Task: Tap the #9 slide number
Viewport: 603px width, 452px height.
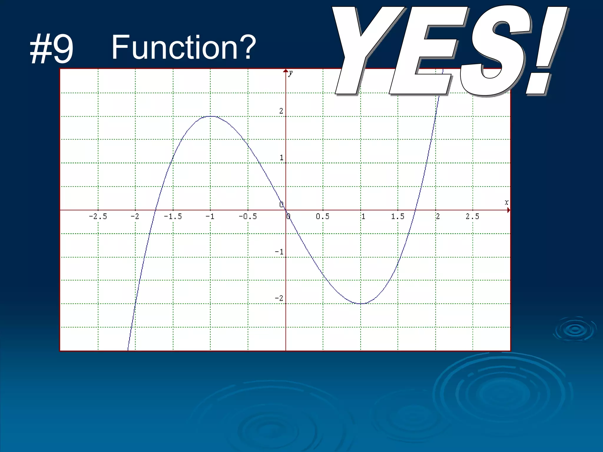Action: tap(52, 49)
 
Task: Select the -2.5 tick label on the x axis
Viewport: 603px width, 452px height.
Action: tap(98, 217)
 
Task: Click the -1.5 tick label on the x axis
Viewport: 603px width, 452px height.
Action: tap(173, 217)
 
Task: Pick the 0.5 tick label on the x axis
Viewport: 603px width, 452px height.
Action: tap(323, 217)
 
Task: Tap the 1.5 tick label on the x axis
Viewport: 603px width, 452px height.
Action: tap(398, 217)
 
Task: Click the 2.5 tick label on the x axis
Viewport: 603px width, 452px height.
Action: tap(473, 217)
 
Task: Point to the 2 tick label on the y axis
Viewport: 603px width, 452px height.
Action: tap(281, 111)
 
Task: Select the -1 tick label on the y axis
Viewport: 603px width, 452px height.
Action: tap(279, 252)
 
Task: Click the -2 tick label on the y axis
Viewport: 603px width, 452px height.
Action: tap(279, 298)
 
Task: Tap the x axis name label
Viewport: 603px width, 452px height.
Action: tap(506, 202)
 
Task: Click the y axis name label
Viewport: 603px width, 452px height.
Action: tap(291, 73)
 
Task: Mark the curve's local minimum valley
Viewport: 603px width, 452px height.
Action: tap(361, 303)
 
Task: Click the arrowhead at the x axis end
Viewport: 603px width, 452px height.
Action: tap(508, 210)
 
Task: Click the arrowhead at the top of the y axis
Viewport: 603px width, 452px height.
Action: tap(286, 71)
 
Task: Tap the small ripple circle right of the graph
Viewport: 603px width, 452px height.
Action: tap(575, 329)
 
